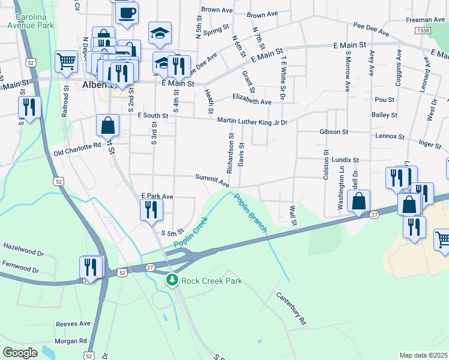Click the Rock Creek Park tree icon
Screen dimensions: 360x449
[172, 280]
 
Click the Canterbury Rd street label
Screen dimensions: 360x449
[291, 309]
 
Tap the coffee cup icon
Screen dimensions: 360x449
[126, 13]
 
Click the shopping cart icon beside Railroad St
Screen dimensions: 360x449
[66, 60]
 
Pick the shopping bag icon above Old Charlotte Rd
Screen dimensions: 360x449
[108, 125]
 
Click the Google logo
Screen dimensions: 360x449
[20, 352]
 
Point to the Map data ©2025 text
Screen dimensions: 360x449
[423, 355]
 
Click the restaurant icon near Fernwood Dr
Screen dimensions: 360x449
[91, 266]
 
